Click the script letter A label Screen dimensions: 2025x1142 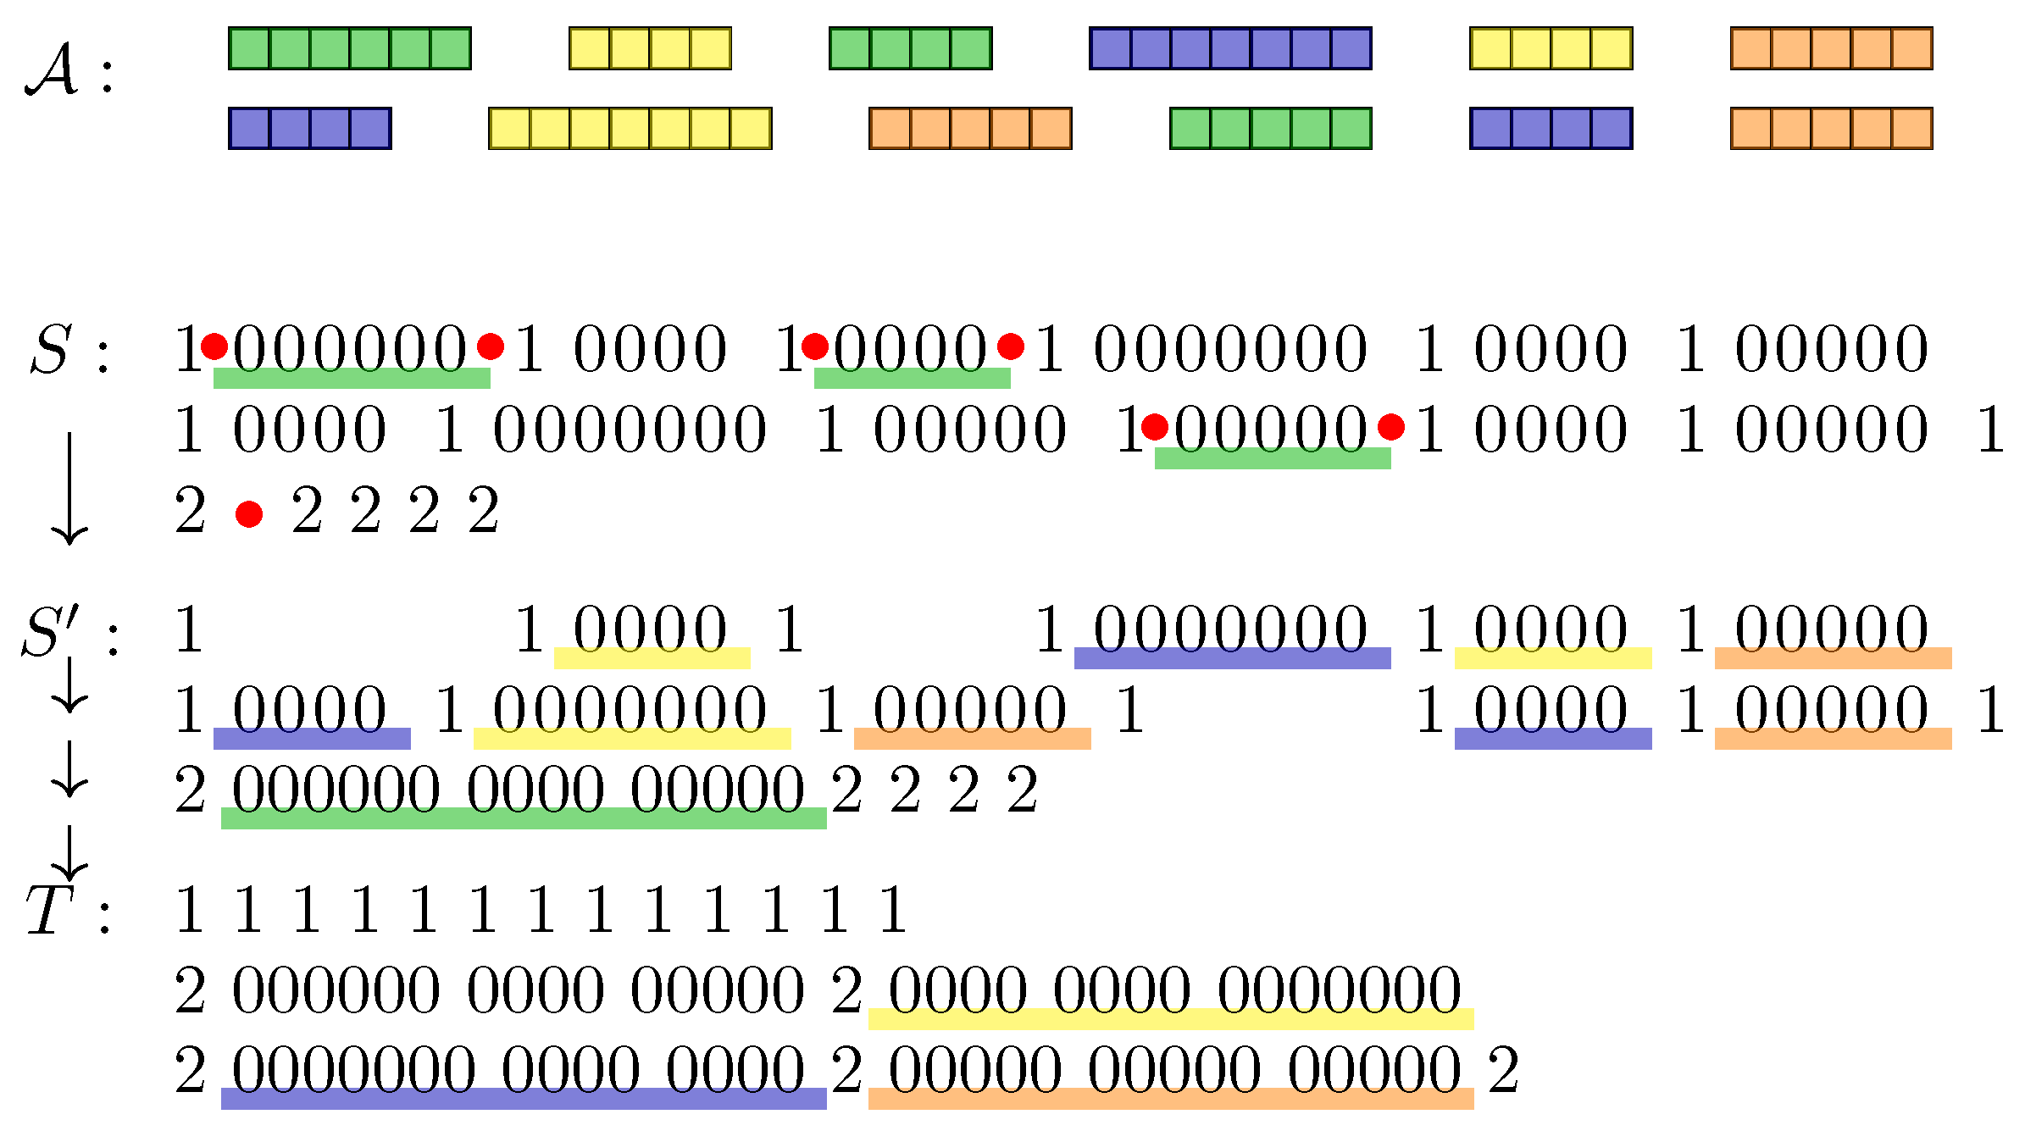(53, 71)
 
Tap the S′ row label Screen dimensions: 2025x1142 (51, 632)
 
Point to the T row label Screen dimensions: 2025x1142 (49, 912)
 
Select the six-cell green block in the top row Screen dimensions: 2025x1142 (349, 48)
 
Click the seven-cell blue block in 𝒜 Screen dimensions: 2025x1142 (1229, 48)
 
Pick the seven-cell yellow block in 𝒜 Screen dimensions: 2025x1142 (630, 129)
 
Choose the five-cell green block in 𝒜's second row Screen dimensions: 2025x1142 (1270, 129)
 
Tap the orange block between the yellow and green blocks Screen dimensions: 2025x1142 (970, 129)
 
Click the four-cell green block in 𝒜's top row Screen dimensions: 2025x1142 (910, 48)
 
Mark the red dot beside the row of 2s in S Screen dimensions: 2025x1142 (249, 514)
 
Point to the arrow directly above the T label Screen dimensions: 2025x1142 (69, 852)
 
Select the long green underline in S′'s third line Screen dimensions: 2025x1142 (524, 818)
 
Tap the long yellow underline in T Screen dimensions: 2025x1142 (1171, 1019)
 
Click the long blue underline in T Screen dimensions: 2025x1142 (524, 1099)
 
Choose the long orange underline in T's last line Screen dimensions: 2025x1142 (1171, 1099)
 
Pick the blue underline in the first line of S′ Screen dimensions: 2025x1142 (1232, 658)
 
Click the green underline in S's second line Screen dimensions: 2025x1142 (1273, 458)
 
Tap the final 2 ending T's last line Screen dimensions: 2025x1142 (1503, 1071)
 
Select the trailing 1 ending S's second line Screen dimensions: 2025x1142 (1991, 430)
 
